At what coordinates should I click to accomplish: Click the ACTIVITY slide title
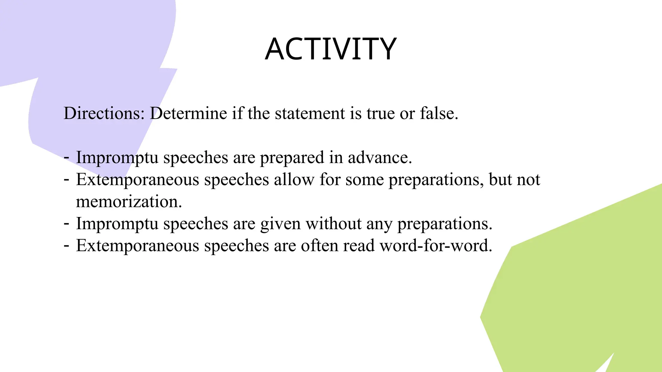point(331,49)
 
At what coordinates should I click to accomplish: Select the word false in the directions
point(439,114)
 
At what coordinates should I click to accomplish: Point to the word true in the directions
point(380,114)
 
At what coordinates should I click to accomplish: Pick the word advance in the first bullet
point(379,158)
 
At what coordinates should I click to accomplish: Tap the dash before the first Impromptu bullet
point(67,158)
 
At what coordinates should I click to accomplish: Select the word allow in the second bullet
point(294,180)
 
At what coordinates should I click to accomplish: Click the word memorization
point(129,201)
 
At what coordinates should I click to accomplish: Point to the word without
point(334,223)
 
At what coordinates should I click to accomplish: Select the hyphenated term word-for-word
point(436,246)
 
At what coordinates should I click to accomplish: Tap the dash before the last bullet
point(67,246)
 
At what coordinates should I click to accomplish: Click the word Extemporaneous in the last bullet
point(137,246)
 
